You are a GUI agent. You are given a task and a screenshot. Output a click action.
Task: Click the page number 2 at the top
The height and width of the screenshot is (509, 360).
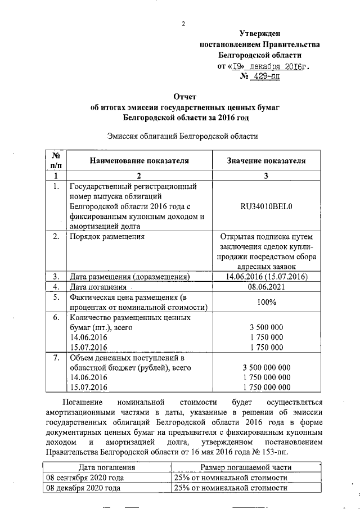(183, 24)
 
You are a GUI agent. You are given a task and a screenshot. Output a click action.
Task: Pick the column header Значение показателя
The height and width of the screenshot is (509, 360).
(266, 160)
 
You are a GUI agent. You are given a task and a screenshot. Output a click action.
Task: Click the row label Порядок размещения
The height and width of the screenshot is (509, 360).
(106, 237)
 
